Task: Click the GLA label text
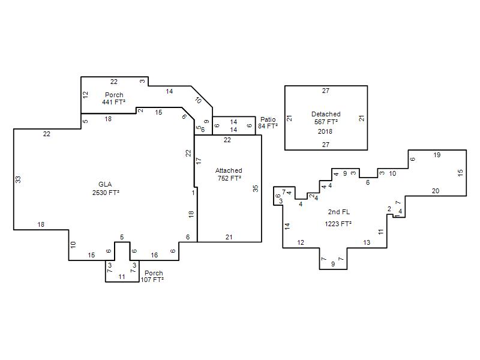(x=105, y=184)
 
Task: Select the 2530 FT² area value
(x=106, y=193)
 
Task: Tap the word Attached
(x=229, y=170)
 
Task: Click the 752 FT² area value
(x=229, y=178)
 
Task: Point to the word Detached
(x=326, y=114)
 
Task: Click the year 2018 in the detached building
(x=325, y=131)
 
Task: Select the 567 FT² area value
(x=326, y=122)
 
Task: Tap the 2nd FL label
(x=339, y=212)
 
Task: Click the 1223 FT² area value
(x=338, y=224)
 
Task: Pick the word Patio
(x=268, y=119)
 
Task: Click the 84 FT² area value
(x=268, y=126)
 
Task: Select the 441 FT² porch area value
(x=113, y=102)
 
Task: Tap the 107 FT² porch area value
(x=152, y=280)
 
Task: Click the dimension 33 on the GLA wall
(x=19, y=179)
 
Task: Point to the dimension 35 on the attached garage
(x=256, y=188)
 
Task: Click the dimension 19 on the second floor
(x=437, y=155)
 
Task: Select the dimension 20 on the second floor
(x=436, y=191)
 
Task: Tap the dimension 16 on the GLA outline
(x=154, y=255)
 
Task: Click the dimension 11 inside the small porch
(x=122, y=277)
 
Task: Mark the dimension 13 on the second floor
(x=367, y=242)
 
